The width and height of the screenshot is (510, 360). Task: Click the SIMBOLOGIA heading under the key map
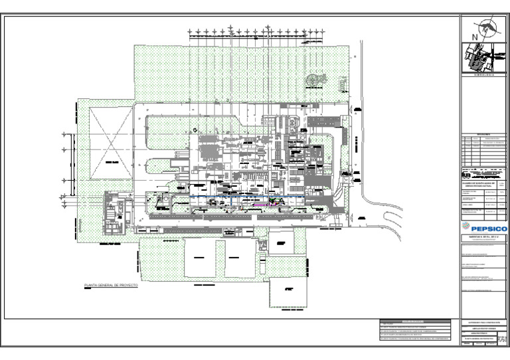coord(483,75)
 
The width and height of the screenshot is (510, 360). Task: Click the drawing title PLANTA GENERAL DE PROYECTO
coord(110,284)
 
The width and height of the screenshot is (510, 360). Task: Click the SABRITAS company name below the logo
coord(483,236)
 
